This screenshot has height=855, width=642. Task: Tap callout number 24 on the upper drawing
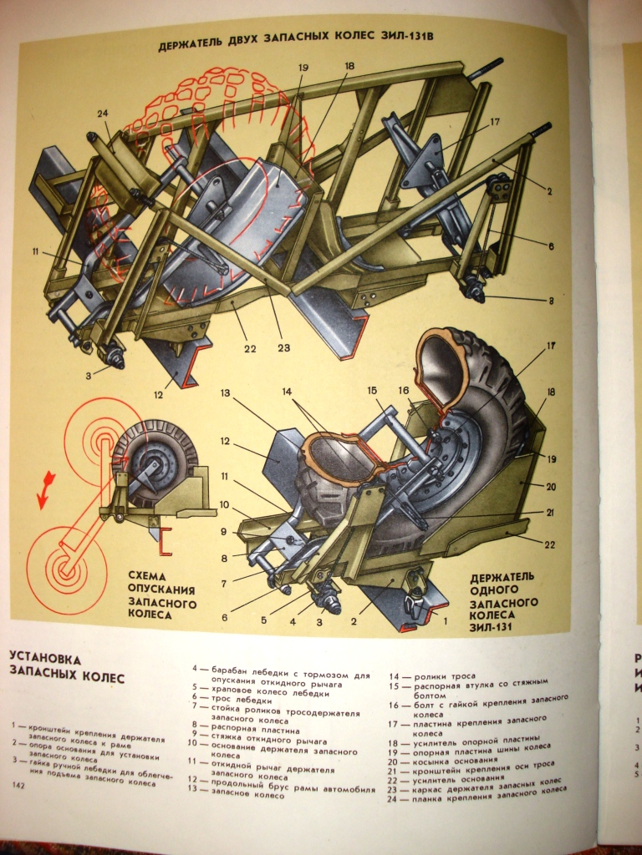(x=103, y=114)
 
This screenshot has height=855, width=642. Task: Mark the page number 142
(x=18, y=787)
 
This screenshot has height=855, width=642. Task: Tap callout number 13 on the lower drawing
(x=225, y=392)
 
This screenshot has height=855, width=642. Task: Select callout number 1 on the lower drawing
(x=446, y=620)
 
